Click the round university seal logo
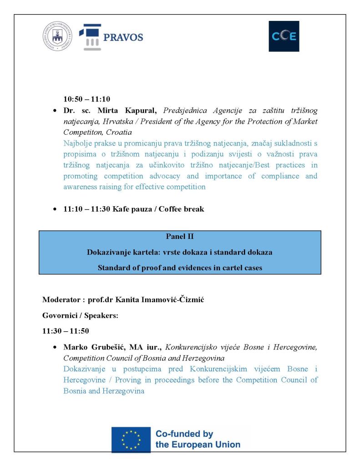[x=57, y=36]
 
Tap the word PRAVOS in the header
[x=123, y=37]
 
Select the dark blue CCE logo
[x=284, y=36]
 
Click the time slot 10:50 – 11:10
[x=86, y=99]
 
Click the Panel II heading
[x=180, y=237]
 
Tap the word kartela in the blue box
[x=143, y=252]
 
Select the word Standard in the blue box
[x=112, y=268]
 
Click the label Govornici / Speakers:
[x=80, y=315]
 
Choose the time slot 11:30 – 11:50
[x=66, y=331]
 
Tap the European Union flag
[x=131, y=439]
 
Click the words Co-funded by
[x=184, y=434]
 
